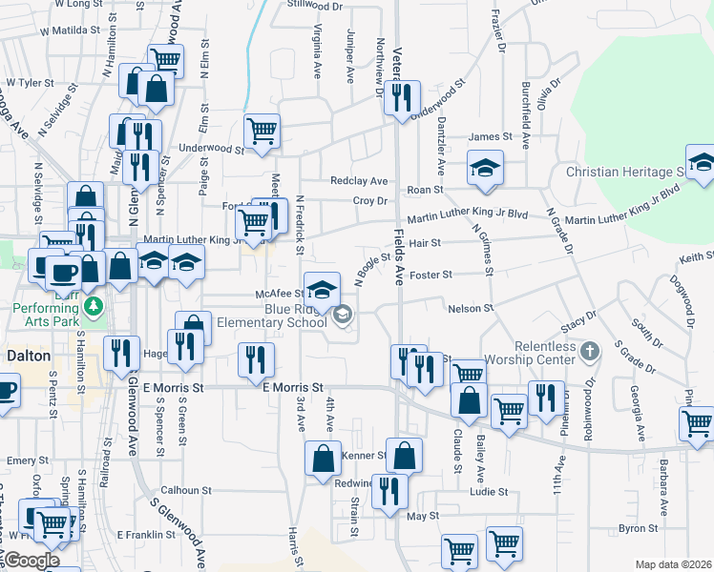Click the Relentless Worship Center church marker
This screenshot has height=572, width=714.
[x=591, y=351]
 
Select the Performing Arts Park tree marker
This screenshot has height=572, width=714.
[x=93, y=307]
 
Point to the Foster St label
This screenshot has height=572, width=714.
[x=430, y=275]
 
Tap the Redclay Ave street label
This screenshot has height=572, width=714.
[x=359, y=181]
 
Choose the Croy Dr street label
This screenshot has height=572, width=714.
[x=369, y=201]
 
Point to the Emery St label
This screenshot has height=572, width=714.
[x=20, y=460]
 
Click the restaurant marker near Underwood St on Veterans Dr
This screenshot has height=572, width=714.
[x=402, y=97]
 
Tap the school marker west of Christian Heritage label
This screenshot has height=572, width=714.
[x=485, y=168]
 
